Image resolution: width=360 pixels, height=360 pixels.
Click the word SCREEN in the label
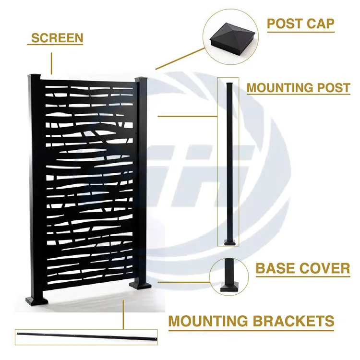point(57,37)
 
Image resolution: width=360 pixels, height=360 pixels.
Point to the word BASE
point(276,268)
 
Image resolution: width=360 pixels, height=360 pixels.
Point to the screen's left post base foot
point(37,300)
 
